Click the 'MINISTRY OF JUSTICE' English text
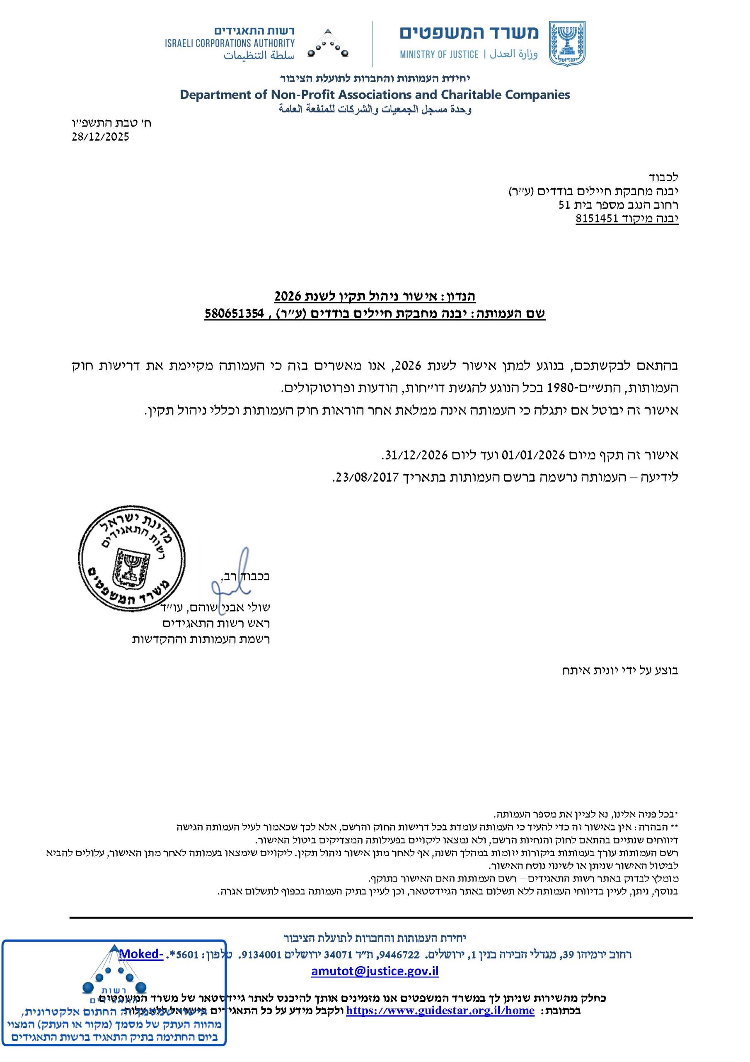coord(439,55)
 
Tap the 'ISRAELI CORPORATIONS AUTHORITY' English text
coord(230,44)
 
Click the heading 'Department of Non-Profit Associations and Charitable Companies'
coord(375,95)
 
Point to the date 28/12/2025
coord(100,137)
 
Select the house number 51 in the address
coord(565,205)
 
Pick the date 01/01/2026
coord(534,455)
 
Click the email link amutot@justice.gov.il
coord(375,971)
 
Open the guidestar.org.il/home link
coord(440,1011)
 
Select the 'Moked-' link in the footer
coord(141,954)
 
